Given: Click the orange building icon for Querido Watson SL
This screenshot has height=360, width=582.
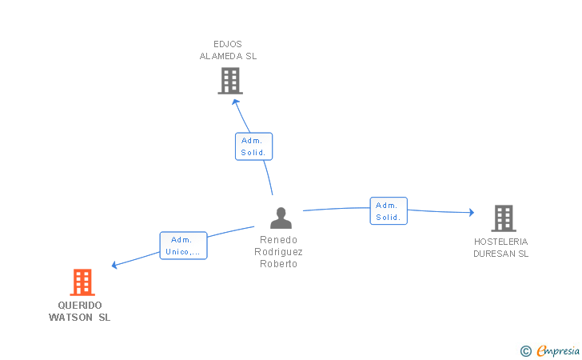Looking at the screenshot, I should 82,282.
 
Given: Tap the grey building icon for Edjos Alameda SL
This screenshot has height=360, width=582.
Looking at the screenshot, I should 230,81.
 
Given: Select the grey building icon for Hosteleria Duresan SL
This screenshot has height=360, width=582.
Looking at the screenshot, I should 503,218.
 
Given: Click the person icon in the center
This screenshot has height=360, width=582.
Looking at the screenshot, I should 281,218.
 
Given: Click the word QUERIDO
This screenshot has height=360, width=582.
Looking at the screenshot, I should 80,306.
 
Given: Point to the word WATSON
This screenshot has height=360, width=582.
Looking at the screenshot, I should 70,318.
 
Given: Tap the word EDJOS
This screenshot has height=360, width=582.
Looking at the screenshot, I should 228,44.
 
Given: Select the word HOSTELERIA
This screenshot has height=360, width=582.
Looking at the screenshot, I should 500,242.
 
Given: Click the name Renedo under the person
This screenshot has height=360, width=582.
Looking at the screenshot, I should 279,240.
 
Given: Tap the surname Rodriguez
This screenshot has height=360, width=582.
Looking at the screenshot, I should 279,252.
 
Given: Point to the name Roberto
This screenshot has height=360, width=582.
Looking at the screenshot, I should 279,264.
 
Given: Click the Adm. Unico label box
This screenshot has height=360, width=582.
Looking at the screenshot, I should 183,246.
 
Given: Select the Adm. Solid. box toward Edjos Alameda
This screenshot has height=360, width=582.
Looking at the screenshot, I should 253,146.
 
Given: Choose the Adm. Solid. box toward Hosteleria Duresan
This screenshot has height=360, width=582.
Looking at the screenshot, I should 389,211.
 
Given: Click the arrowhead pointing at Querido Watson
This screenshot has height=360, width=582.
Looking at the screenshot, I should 115,265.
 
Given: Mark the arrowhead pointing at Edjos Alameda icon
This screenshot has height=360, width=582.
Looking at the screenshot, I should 236,102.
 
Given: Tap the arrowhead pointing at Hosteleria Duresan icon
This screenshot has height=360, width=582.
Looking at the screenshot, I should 472,212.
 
